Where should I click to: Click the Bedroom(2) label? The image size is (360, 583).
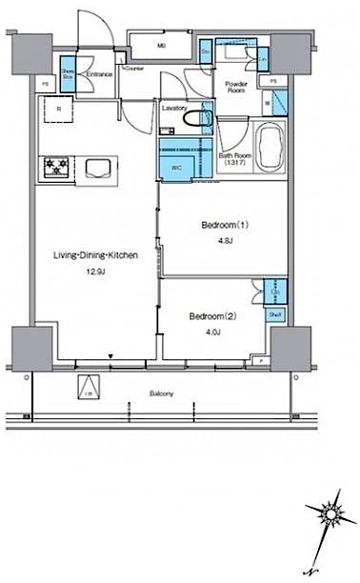click(x=211, y=315)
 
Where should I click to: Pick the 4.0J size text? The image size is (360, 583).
click(x=211, y=332)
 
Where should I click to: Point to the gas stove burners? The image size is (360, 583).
click(x=55, y=169)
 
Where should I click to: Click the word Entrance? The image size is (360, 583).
click(x=99, y=74)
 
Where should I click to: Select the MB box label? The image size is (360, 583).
click(x=161, y=45)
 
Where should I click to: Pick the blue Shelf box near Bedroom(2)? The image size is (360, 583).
click(x=273, y=312)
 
